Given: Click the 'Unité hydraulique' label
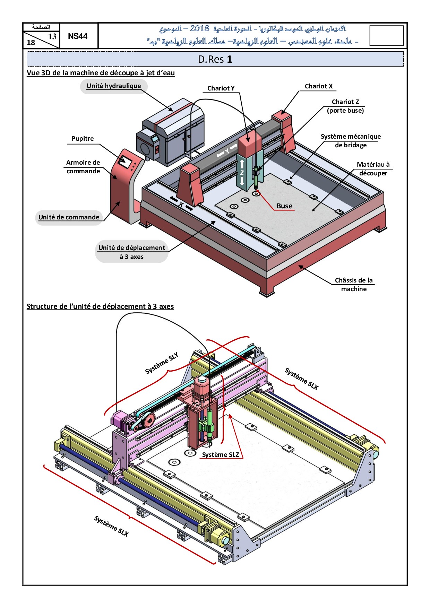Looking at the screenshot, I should coord(114,86).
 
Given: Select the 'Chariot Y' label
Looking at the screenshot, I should coord(221,88).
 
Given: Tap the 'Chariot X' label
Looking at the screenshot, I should coord(318,86).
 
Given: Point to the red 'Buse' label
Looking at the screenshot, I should coord(284,206).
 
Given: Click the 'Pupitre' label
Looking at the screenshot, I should coord(83,139).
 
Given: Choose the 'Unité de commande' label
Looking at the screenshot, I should coord(69,217).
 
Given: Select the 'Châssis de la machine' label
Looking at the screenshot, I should coord(354,285).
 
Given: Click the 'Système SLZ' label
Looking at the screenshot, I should coord(221,455).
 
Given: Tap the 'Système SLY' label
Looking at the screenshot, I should coord(162,363).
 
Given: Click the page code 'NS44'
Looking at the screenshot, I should coord(78,36).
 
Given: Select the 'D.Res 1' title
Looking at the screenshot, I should coord(215,59).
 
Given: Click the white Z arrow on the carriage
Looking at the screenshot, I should coord(242,172).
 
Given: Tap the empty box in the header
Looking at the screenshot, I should coord(386,35).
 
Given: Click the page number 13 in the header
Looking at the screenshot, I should coord(52,36).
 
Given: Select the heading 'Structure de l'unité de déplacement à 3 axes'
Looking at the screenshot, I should coord(100,306).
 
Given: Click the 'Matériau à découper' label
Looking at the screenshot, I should coord(373,169).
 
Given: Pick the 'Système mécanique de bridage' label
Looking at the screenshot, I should coord(351,141).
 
